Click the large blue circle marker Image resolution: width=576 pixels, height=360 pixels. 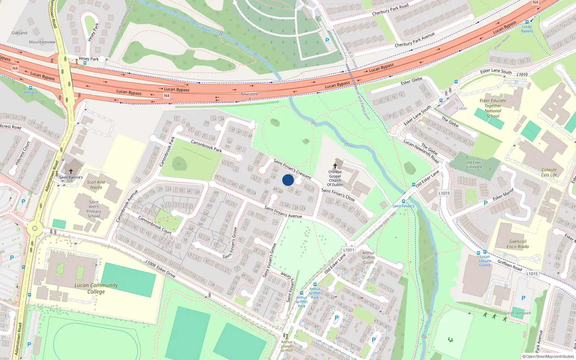click(288, 180)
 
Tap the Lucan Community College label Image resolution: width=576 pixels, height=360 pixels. click(96, 288)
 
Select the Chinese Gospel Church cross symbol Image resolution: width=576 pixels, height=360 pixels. click(335, 166)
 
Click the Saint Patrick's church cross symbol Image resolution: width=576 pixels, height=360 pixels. click(71, 171)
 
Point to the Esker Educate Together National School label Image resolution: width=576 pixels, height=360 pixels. click(493, 108)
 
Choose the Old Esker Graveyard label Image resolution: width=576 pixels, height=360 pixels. click(474, 165)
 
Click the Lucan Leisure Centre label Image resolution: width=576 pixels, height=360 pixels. click(485, 261)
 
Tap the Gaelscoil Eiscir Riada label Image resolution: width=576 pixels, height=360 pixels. click(518, 244)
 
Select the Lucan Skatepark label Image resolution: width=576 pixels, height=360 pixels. click(518, 313)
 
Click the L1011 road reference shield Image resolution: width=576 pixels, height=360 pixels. click(349, 250)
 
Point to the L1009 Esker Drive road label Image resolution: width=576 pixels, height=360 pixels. click(161, 269)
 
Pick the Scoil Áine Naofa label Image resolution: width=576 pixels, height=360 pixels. click(96, 185)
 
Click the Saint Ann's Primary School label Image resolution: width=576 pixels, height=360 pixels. click(94, 209)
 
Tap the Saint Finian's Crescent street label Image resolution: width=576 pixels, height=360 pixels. click(292, 169)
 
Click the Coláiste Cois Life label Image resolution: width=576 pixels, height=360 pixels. click(549, 172)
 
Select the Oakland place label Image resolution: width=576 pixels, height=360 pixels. click(19, 33)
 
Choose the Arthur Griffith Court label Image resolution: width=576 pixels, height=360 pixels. click(368, 257)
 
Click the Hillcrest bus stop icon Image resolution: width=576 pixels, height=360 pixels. click(30, 87)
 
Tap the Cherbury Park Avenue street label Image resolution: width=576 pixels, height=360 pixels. click(414, 40)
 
